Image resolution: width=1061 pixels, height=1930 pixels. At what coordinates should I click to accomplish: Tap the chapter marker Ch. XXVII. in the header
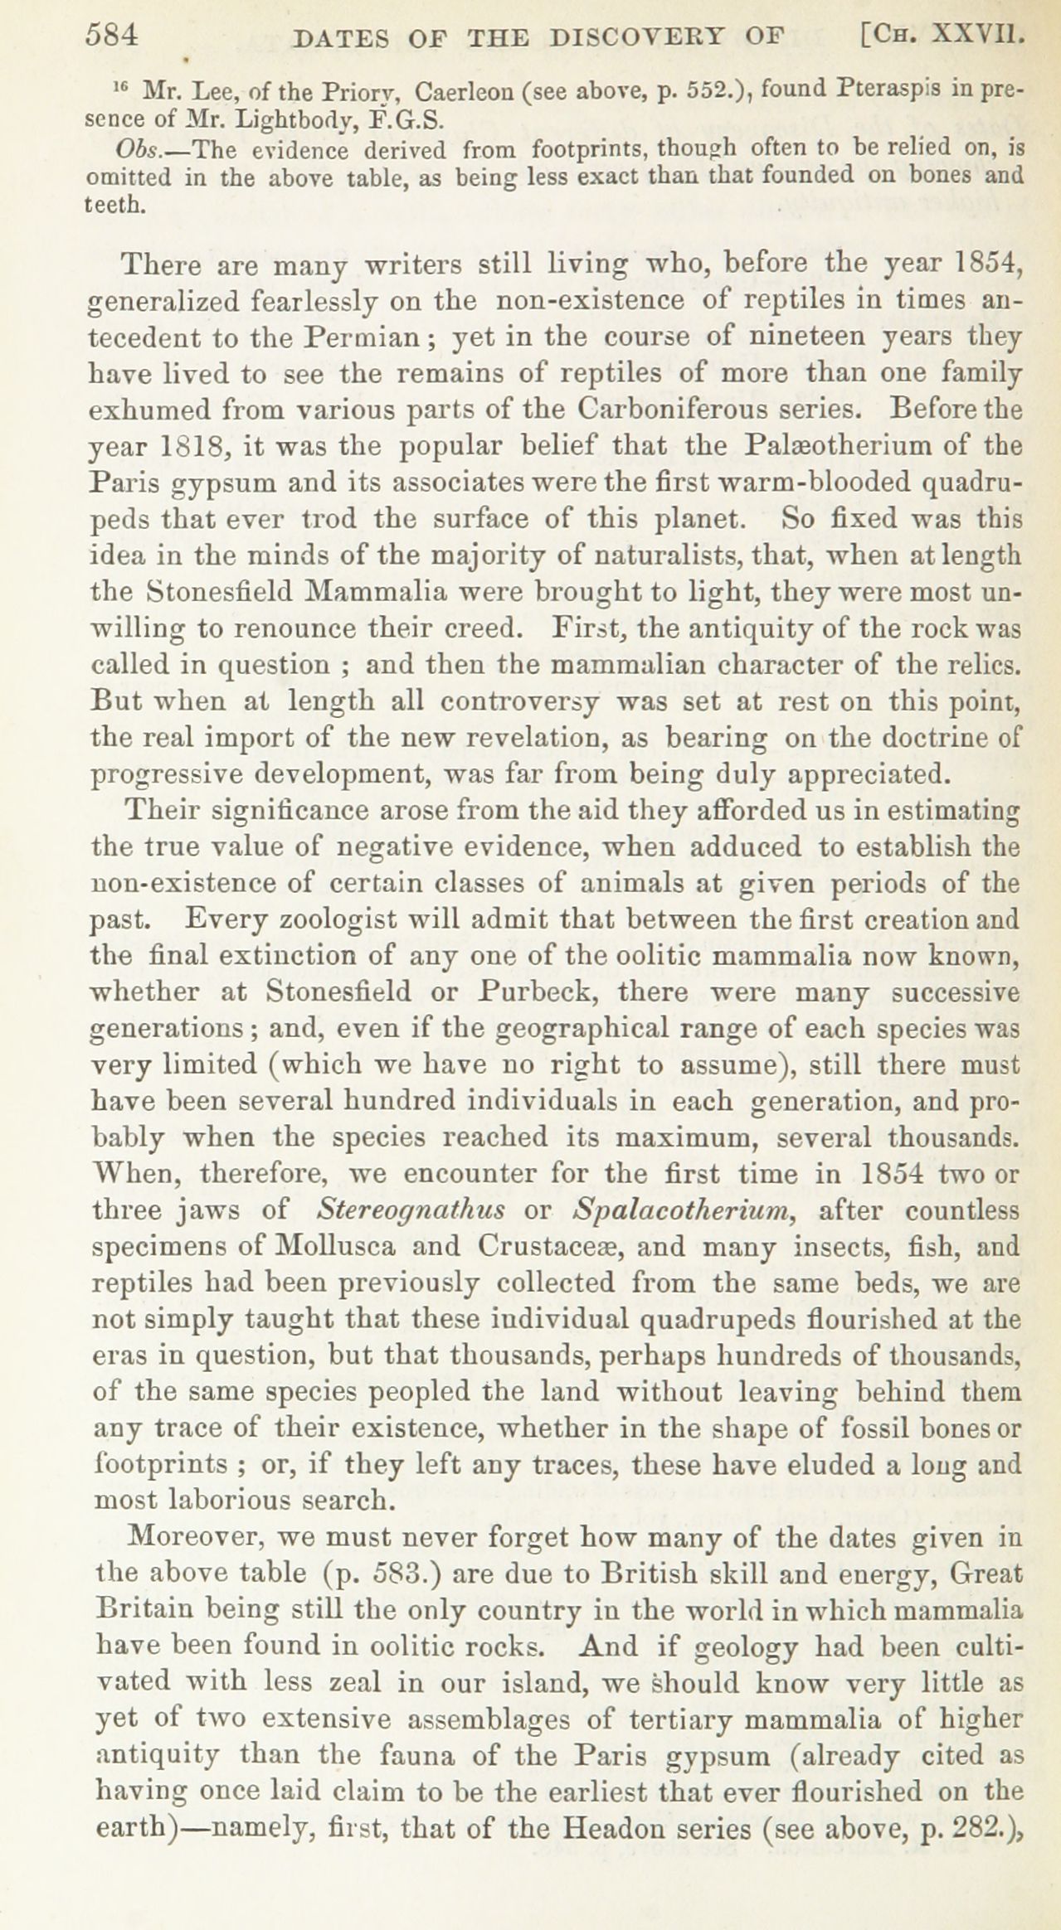[x=942, y=37]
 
